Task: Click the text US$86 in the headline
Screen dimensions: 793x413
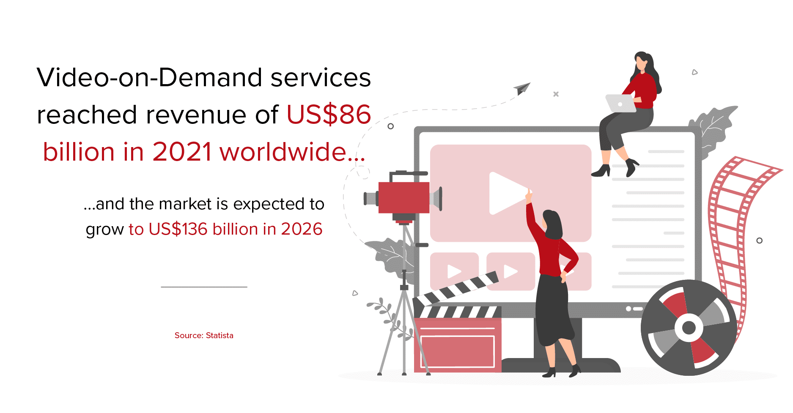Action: [x=329, y=115]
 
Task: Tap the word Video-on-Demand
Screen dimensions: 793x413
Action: [x=150, y=77]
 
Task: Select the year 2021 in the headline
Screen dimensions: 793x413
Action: [x=182, y=152]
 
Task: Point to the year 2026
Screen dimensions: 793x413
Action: [x=302, y=229]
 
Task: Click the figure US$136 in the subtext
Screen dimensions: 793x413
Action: [x=178, y=229]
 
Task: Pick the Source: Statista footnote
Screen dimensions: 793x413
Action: [x=204, y=335]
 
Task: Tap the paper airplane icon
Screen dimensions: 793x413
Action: [x=522, y=88]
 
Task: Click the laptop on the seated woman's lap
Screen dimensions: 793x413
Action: [x=620, y=103]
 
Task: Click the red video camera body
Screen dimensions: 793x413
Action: [x=403, y=197]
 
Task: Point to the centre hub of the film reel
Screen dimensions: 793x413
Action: [x=689, y=327]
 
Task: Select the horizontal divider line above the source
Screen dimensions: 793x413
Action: [x=204, y=287]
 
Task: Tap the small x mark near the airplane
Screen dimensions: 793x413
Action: [x=556, y=94]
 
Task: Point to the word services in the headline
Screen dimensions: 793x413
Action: [x=321, y=78]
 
